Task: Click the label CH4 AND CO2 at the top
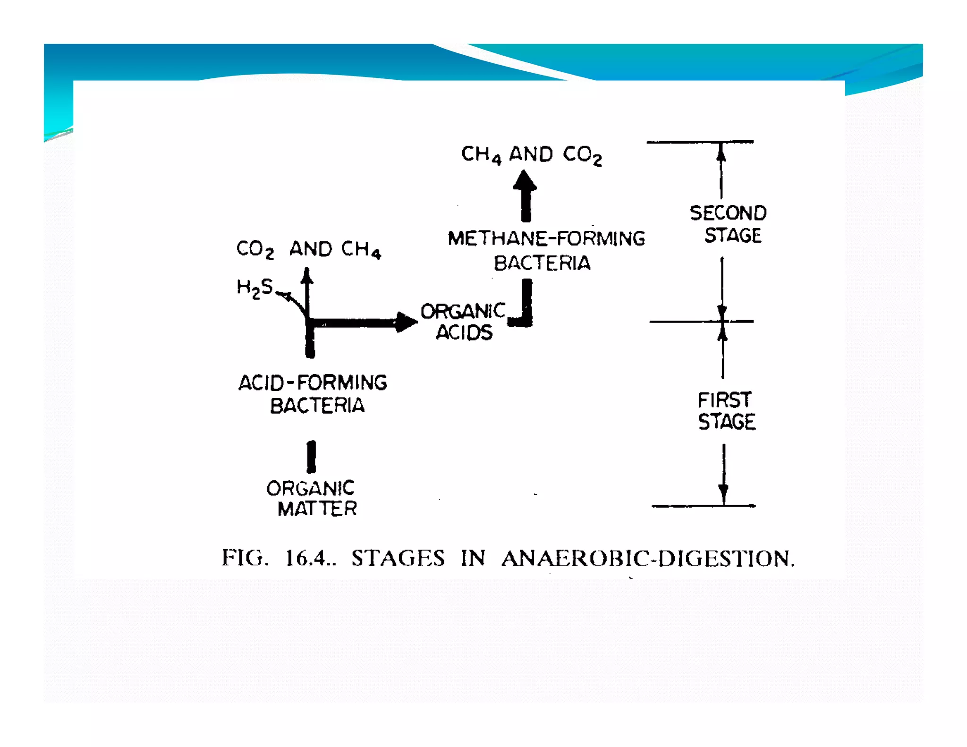(531, 155)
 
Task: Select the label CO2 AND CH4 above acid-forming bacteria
(308, 249)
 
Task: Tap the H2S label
(254, 287)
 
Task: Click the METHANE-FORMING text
(546, 238)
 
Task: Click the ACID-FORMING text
(313, 382)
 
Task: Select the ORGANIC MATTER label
(312, 498)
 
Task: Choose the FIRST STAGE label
(726, 410)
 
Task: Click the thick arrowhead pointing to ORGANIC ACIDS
(406, 323)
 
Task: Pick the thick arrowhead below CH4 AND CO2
(525, 181)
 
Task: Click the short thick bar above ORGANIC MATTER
(311, 457)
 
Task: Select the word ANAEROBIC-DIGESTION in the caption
(647, 558)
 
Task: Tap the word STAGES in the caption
(398, 558)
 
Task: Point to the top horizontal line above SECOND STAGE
(700, 142)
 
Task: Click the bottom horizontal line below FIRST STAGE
(703, 506)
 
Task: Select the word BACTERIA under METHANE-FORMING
(542, 263)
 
